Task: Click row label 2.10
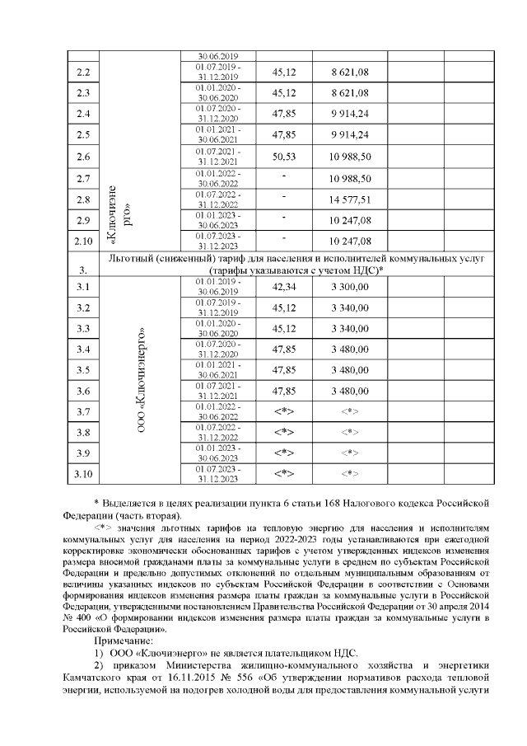click(x=82, y=242)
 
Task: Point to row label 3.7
click(x=82, y=411)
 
